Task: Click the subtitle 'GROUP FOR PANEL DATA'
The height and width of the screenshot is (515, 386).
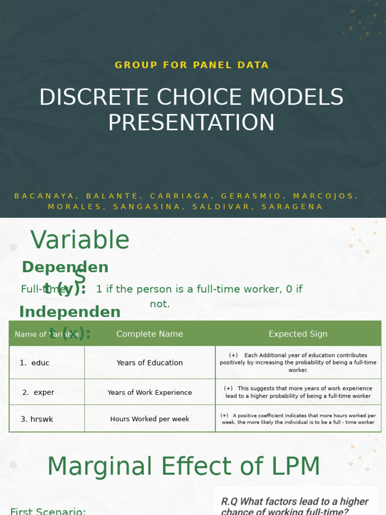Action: [191, 65]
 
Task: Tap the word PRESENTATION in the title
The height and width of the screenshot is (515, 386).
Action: [191, 123]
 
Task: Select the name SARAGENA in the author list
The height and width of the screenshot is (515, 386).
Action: [300, 207]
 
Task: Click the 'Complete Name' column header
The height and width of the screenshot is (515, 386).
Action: [150, 334]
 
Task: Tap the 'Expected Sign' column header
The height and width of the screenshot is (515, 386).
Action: [298, 334]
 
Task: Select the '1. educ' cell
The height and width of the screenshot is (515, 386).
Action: [35, 363]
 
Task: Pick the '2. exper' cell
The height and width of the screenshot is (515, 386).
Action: [38, 392]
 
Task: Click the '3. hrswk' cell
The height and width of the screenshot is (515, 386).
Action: [37, 419]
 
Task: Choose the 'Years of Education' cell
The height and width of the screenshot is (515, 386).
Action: [150, 363]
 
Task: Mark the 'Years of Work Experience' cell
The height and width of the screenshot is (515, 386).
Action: [150, 392]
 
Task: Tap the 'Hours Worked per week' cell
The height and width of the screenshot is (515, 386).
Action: [150, 419]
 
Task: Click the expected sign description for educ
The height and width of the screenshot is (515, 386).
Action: [298, 363]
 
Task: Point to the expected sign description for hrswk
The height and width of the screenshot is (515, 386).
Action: [298, 419]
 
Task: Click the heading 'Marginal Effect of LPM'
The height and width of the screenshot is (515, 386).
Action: [183, 467]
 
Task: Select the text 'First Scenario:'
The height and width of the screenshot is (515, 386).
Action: [48, 510]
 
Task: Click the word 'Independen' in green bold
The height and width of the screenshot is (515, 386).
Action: [70, 312]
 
